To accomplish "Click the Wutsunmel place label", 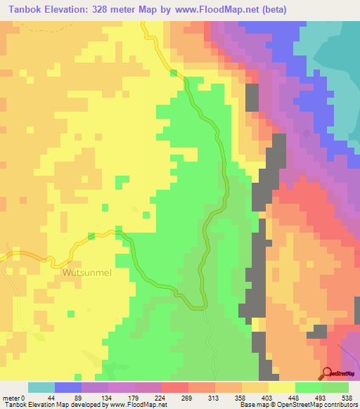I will [x=88, y=273].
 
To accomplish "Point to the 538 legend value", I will [x=347, y=398].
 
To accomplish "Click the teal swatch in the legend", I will [x=41, y=387].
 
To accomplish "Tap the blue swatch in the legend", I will [x=68, y=387].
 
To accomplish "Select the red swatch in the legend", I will [x=175, y=387].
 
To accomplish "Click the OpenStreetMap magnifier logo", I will [x=328, y=373].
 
